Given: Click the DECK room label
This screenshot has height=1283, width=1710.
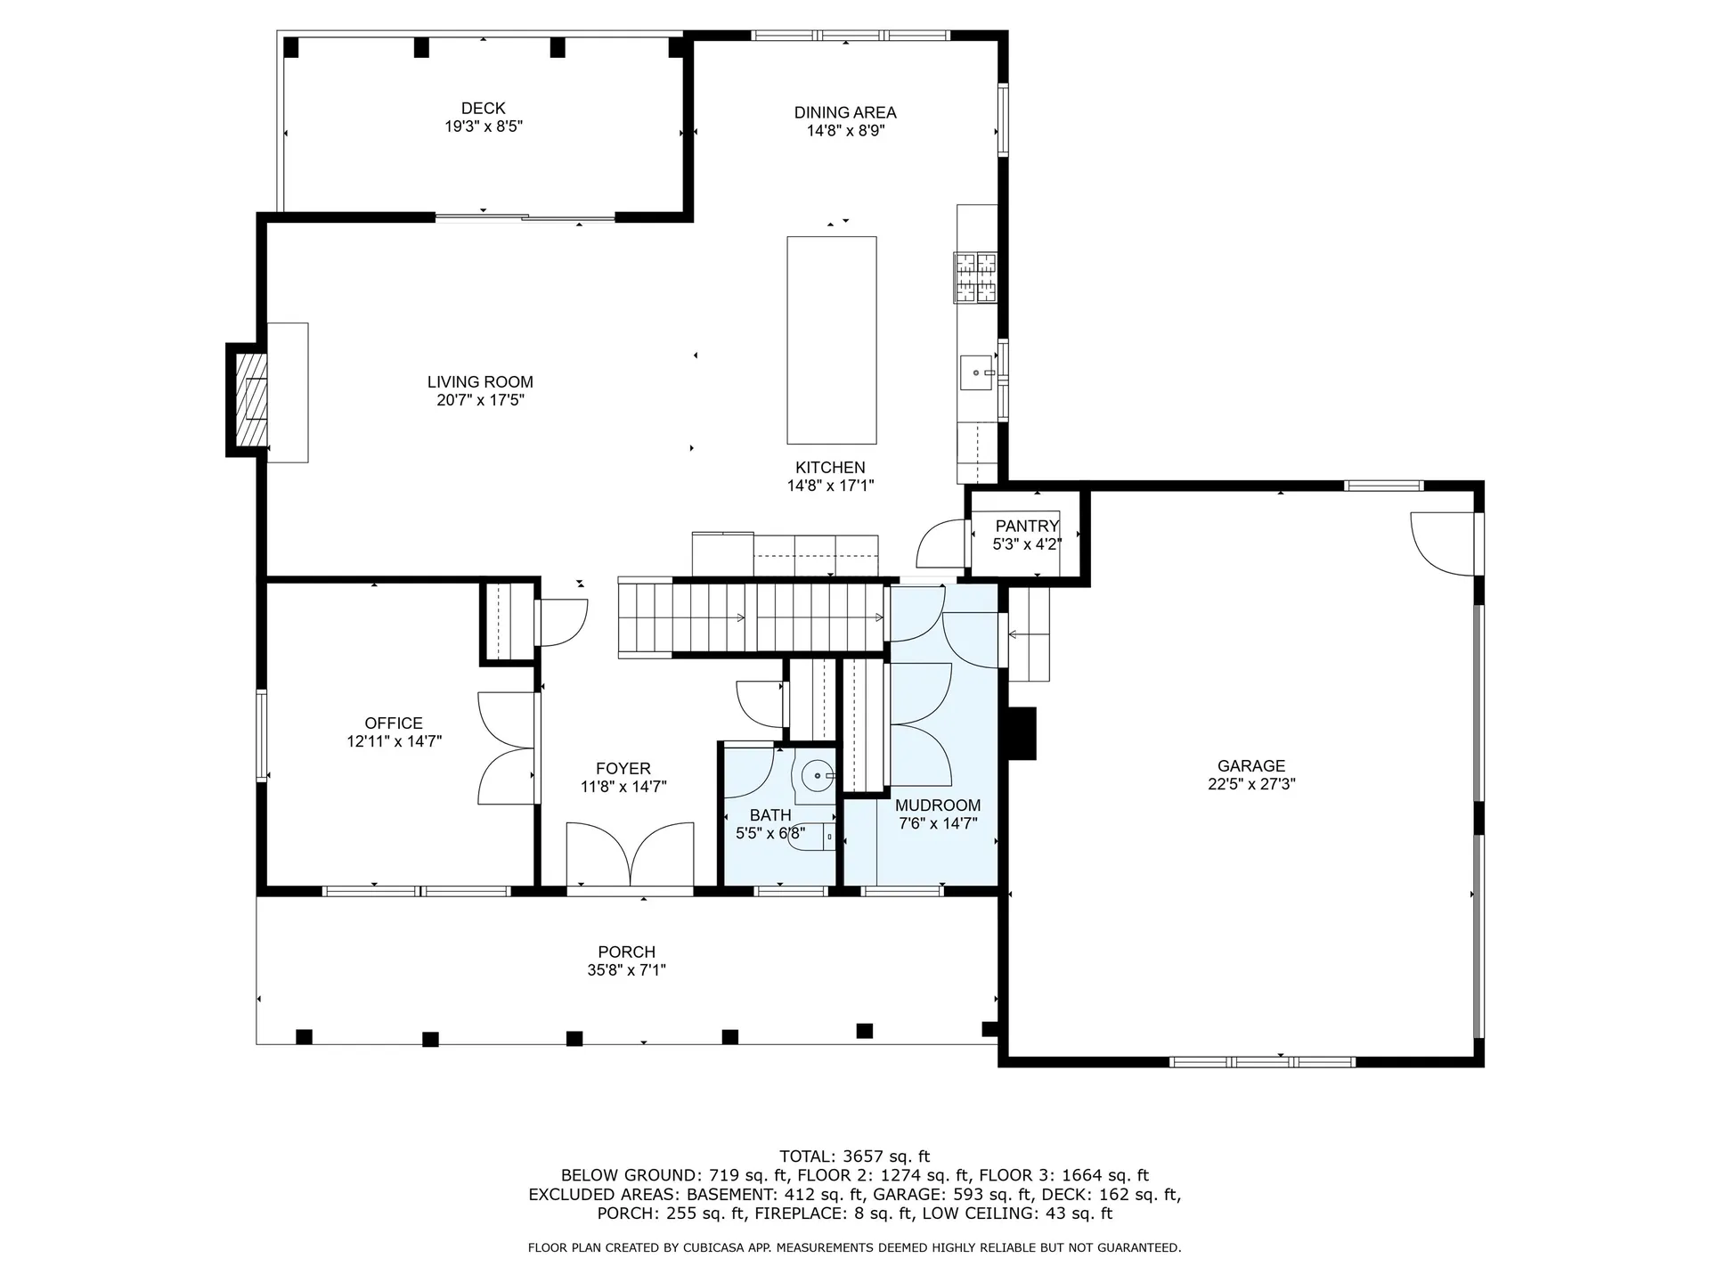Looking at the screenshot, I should point(484,109).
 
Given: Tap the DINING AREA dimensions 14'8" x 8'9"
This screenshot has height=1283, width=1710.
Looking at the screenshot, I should point(845,131).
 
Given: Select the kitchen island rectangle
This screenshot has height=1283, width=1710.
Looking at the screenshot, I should point(831,339).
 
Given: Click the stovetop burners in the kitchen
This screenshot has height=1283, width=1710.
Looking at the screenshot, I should point(976,278).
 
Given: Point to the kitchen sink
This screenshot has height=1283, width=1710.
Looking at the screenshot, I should point(977,372).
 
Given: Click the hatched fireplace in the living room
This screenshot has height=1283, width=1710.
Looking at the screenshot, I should point(251,399).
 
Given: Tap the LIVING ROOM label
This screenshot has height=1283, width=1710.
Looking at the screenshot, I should point(480,381).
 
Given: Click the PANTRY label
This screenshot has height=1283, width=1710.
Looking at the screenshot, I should point(1027,526).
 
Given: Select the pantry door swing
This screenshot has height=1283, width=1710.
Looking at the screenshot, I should point(942,544).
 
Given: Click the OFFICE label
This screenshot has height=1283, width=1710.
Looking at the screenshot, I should point(394,723).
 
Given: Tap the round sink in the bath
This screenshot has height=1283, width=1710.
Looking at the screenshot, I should point(818,776).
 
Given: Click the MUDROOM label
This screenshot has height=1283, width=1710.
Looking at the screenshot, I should point(938,805).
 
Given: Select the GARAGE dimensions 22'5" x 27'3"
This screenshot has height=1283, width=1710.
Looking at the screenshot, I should point(1250,784).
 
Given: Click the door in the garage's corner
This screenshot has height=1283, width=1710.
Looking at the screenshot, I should point(1444,543).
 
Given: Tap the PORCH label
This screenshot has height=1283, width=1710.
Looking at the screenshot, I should point(626,952).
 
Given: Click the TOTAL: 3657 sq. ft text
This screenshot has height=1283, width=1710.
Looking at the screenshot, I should point(854,1156).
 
